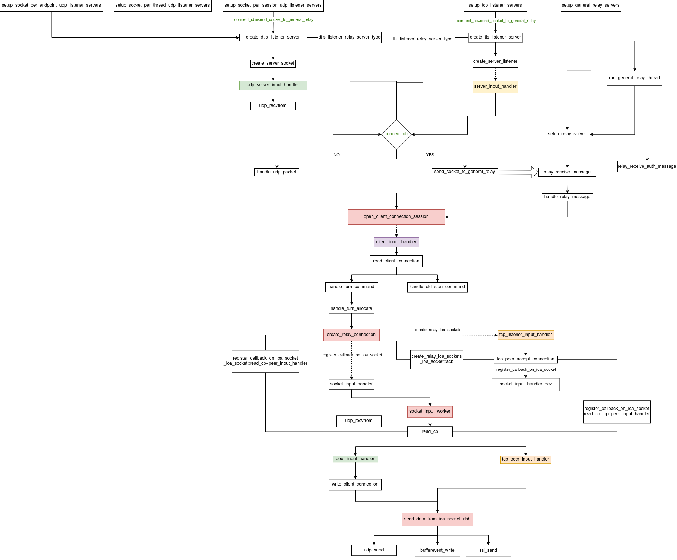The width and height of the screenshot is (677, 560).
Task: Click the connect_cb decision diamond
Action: [x=396, y=134]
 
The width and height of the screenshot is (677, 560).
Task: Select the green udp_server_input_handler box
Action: [x=273, y=85]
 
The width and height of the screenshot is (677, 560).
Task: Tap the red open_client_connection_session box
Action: [x=396, y=217]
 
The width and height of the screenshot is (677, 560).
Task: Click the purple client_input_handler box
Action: [x=396, y=242]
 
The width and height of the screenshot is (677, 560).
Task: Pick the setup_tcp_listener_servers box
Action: [x=495, y=6]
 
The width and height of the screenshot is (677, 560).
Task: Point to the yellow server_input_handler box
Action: [x=495, y=87]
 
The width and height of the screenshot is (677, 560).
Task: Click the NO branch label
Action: [x=336, y=155]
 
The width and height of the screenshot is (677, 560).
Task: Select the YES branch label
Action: [x=430, y=155]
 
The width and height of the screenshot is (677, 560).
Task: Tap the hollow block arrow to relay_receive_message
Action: [x=518, y=172]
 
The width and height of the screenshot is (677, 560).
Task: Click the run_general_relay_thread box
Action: [x=634, y=78]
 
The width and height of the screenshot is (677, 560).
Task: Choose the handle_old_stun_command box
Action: [x=437, y=287]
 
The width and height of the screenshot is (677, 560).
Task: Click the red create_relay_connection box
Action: [x=351, y=335]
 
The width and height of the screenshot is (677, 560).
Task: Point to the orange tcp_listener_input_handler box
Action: [x=526, y=335]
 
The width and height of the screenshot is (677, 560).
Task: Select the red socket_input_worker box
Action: [x=430, y=412]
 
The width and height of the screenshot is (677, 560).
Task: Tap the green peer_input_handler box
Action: [x=355, y=459]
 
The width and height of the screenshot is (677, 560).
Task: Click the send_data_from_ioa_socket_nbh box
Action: [x=437, y=519]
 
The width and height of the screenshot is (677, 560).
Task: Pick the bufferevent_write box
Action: [x=437, y=551]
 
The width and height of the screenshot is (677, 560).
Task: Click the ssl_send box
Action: [x=488, y=551]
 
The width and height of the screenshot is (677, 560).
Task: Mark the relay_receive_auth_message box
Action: [x=647, y=167]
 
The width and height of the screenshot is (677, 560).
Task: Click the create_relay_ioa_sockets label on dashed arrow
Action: [x=438, y=330]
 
